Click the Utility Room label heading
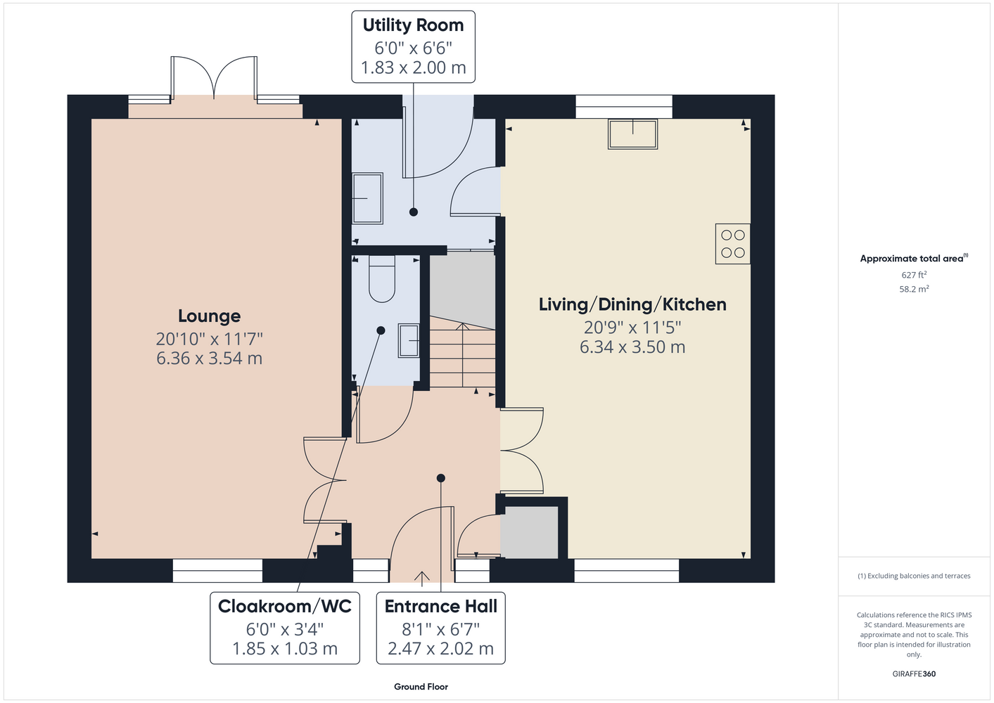[x=413, y=25]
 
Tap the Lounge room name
[x=210, y=316]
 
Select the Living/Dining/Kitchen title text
[x=632, y=304]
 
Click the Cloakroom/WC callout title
[x=284, y=606]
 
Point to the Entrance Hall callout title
[x=440, y=606]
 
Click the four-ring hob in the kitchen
[x=732, y=244]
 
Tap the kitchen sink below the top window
[x=633, y=134]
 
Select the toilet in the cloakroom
[x=382, y=279]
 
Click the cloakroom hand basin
[x=409, y=341]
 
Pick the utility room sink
[x=367, y=198]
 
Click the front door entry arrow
[x=421, y=579]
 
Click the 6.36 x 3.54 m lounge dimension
[x=210, y=359]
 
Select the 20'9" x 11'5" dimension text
[x=632, y=328]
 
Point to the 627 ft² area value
[x=914, y=275]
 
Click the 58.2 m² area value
[x=914, y=289]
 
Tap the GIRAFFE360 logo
[x=914, y=673]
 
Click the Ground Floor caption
[x=421, y=687]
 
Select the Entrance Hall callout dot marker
[x=440, y=478]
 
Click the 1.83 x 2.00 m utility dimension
[x=413, y=68]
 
